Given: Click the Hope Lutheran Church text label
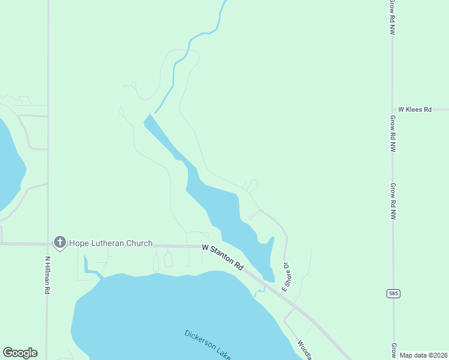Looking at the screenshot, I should pyautogui.click(x=111, y=243).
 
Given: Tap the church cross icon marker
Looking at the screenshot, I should pyautogui.click(x=59, y=242).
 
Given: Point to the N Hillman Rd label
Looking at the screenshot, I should pyautogui.click(x=47, y=275).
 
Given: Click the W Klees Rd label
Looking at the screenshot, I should pyautogui.click(x=415, y=110).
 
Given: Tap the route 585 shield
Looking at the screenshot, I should pyautogui.click(x=393, y=293).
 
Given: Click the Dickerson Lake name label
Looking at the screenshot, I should pyautogui.click(x=207, y=344).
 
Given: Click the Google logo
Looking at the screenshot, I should pyautogui.click(x=20, y=353).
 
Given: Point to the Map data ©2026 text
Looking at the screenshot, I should pyautogui.click(x=423, y=355).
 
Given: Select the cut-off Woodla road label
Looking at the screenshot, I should pyautogui.click(x=305, y=350).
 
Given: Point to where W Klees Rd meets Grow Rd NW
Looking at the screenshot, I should pyautogui.click(x=393, y=110).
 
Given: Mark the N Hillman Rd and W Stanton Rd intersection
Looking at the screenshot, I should pyautogui.click(x=48, y=244).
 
